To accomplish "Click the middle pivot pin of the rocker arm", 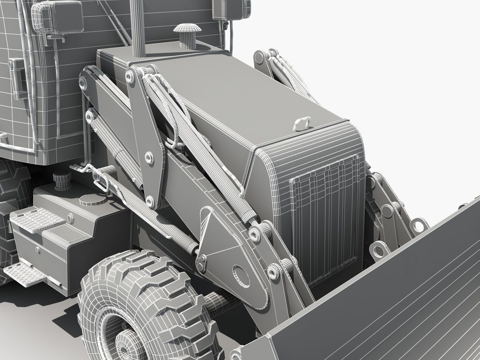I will pos(150,158).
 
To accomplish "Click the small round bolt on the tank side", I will pos(70,218).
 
